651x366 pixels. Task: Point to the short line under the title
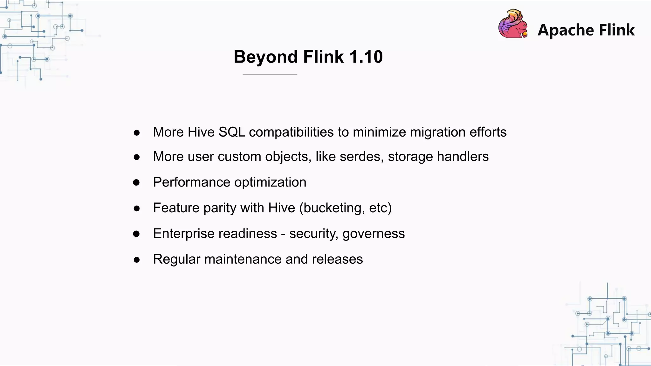(270, 74)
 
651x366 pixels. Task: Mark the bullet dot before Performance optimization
(136, 182)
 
